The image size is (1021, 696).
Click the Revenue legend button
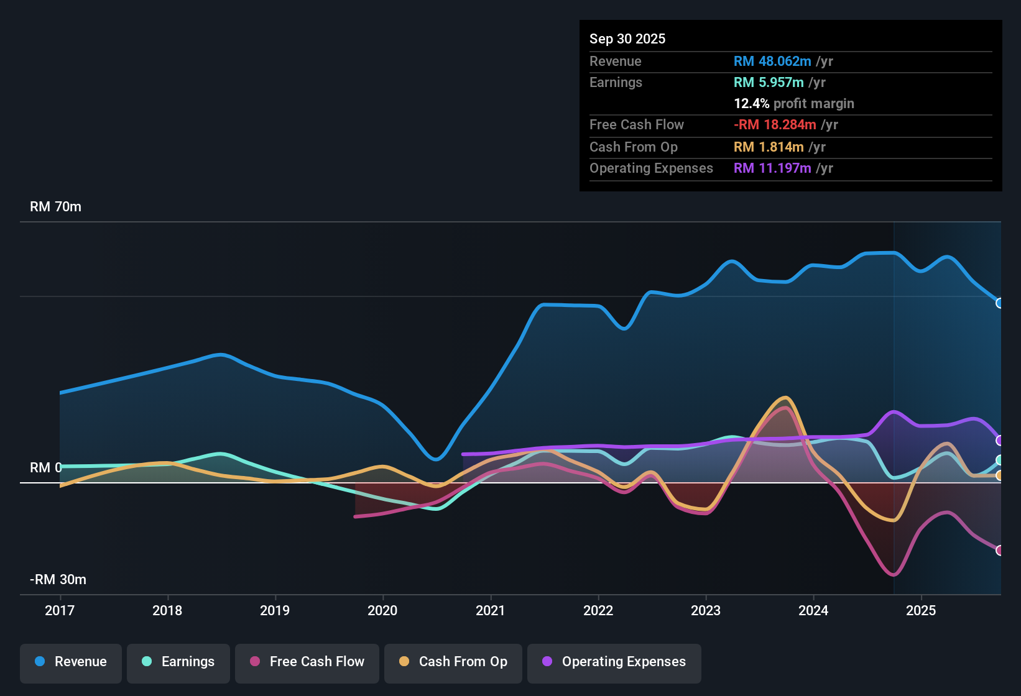click(x=71, y=662)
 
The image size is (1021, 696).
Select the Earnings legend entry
click(x=178, y=662)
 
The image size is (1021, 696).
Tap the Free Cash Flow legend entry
click(x=307, y=662)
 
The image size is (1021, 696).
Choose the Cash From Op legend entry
click(x=453, y=662)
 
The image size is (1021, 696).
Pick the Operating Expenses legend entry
click(x=614, y=662)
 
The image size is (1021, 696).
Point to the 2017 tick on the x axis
click(x=60, y=610)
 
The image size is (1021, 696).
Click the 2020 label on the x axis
click(x=382, y=610)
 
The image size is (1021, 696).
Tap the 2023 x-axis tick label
click(x=706, y=610)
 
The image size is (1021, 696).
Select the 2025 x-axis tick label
click(x=921, y=610)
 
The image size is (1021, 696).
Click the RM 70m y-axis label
click(x=55, y=207)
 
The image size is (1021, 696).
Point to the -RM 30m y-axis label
click(x=58, y=580)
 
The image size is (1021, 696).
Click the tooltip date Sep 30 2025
click(x=627, y=39)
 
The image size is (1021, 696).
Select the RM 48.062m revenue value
click(x=772, y=62)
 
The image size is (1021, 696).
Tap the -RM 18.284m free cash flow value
click(x=775, y=125)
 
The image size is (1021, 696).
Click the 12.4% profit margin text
click(x=794, y=104)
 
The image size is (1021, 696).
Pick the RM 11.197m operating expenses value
click(x=772, y=168)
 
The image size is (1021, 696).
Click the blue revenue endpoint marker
click(x=1000, y=303)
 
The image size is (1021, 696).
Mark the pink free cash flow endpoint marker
click(x=1000, y=550)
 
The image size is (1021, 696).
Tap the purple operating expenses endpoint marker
click(x=1000, y=441)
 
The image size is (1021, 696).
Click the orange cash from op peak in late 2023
click(x=786, y=398)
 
